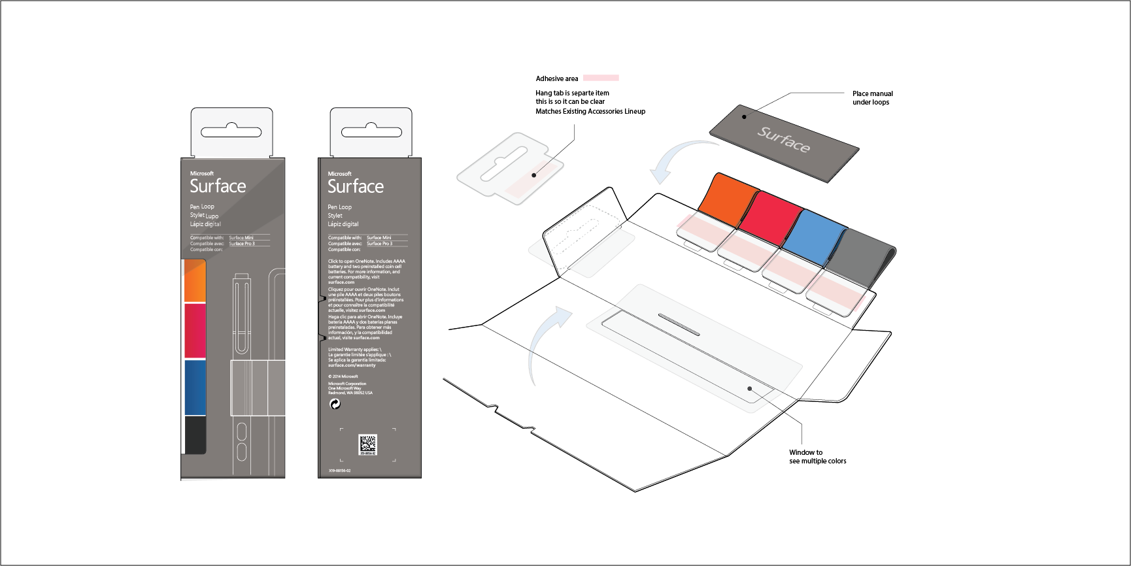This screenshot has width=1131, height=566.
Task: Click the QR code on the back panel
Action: (x=367, y=444)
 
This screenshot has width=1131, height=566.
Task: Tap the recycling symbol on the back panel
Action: (x=335, y=404)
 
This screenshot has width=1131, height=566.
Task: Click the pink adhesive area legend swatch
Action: (x=600, y=78)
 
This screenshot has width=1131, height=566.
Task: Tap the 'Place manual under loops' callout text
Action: (x=872, y=98)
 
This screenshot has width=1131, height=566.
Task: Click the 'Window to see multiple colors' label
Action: (x=817, y=456)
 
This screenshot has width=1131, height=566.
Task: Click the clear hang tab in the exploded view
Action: (x=510, y=167)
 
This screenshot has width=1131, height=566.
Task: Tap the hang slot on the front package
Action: (x=231, y=132)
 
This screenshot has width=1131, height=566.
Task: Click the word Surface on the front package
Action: (x=218, y=186)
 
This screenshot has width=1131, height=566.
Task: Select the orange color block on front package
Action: (x=195, y=281)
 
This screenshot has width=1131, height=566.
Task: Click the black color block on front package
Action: (x=195, y=435)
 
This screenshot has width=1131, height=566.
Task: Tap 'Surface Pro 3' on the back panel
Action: (x=379, y=244)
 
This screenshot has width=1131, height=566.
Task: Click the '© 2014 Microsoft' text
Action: (x=343, y=376)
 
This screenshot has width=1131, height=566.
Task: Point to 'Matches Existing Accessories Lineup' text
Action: (x=590, y=111)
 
